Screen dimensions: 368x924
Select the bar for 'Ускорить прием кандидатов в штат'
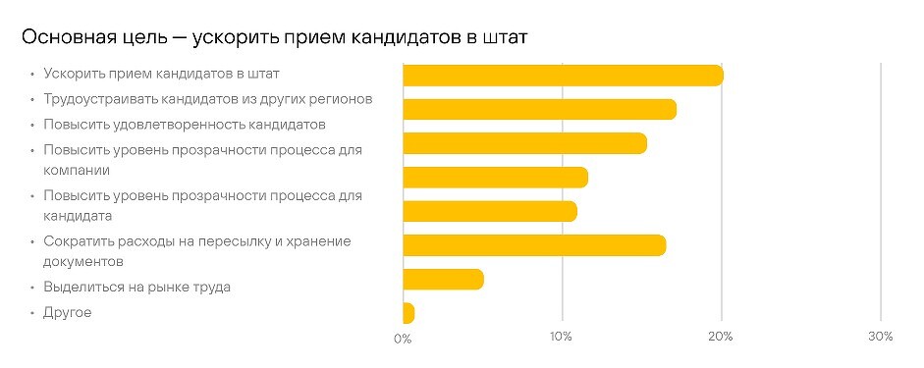coord(563,76)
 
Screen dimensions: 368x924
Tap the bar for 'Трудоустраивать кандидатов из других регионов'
coord(539,109)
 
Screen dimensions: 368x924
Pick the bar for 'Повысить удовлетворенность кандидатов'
coord(524,143)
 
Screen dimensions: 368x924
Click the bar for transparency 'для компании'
coord(495,178)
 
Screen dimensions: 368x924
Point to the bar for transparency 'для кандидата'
coord(490,211)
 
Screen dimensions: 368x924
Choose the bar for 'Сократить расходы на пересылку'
coord(534,245)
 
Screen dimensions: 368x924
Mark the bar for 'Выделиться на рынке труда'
coord(443,280)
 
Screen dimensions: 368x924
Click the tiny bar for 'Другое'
coord(408,313)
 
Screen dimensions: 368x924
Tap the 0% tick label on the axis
coord(403,339)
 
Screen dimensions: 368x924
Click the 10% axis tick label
coord(562,339)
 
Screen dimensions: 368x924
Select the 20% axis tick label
coord(722,339)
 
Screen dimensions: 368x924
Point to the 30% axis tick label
coord(881,339)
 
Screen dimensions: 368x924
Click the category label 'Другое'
coord(68,313)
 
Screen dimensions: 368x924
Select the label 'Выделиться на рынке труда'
coord(137,288)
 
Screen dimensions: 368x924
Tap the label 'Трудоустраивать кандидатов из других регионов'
coord(208,99)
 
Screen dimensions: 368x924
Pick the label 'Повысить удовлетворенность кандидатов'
coord(184,125)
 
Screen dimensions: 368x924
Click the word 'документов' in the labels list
coord(83,262)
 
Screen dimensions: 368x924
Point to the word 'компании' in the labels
coord(76,169)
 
